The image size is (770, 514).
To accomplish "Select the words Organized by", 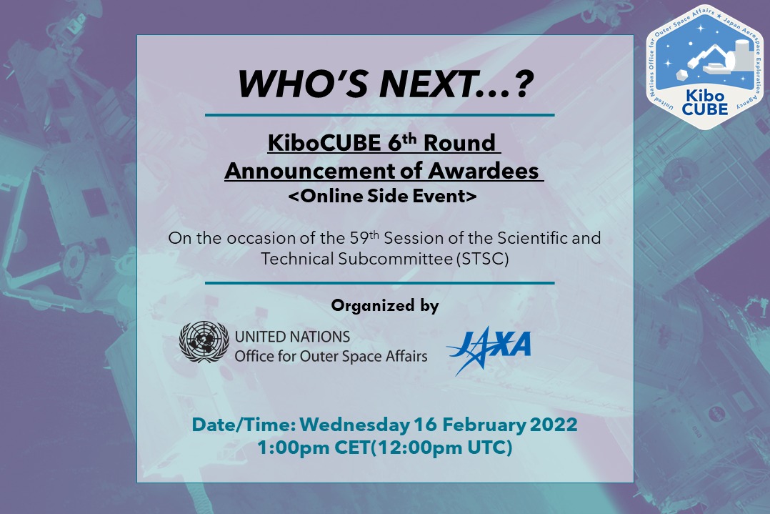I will tap(384, 306).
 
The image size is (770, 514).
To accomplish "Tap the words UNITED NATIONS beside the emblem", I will tap(293, 336).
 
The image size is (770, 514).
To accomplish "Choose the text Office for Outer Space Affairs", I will tap(331, 355).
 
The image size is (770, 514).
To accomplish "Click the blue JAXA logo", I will tap(489, 348).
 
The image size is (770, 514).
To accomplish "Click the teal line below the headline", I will tap(380, 114).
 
